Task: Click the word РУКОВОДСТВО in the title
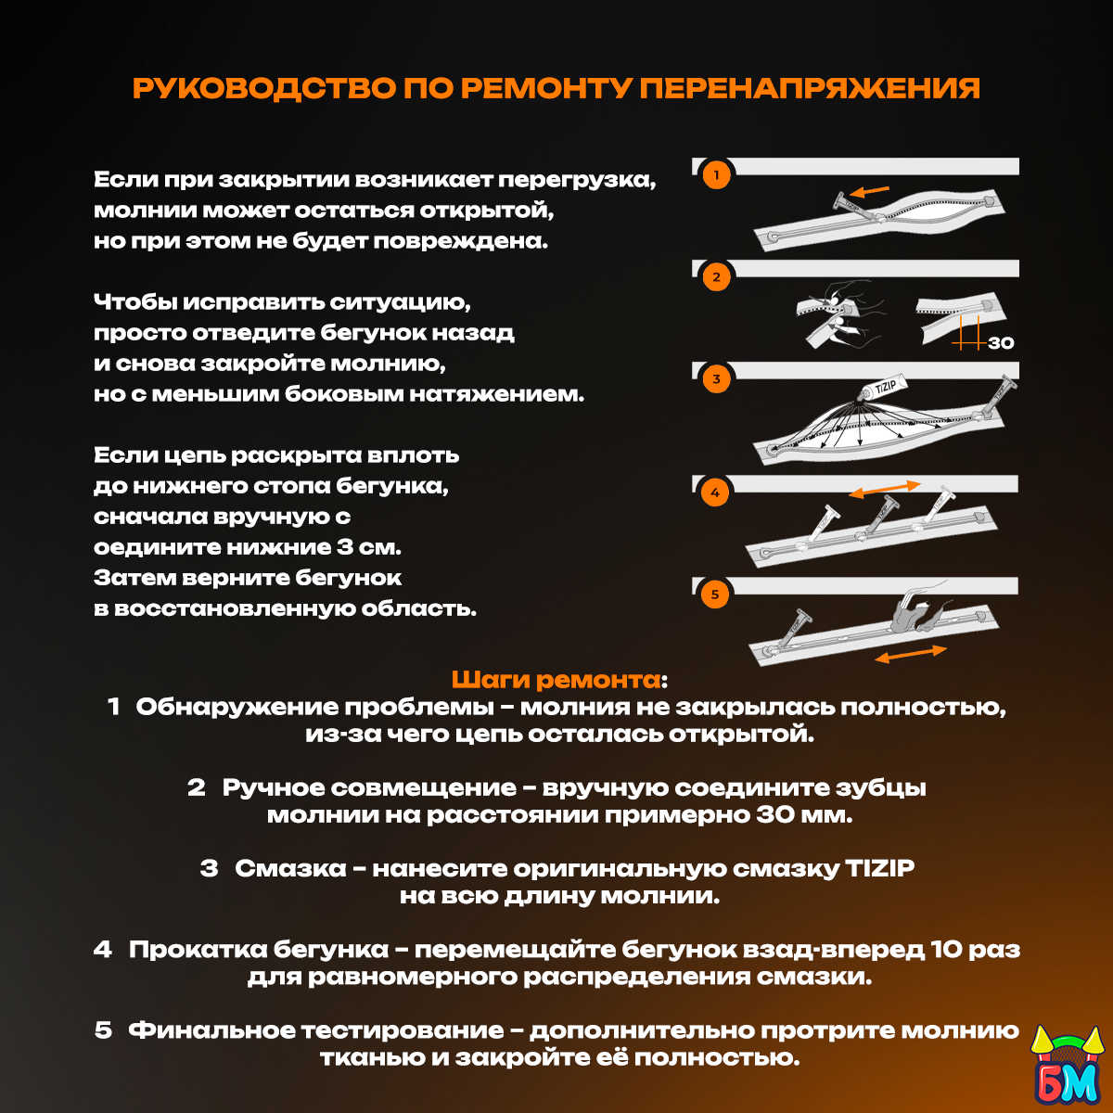click(x=264, y=88)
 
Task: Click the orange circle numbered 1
click(x=716, y=175)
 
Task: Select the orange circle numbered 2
click(x=716, y=277)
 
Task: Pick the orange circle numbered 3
click(x=716, y=379)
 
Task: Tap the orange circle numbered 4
click(x=715, y=493)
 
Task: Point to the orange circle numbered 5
click(x=715, y=595)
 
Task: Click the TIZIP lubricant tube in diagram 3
click(x=883, y=388)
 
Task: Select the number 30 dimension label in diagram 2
click(x=1001, y=343)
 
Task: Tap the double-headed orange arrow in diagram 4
click(x=884, y=489)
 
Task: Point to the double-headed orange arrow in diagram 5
click(x=911, y=654)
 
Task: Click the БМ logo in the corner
click(x=1067, y=1068)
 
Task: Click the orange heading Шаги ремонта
click(x=556, y=680)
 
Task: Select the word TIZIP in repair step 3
click(x=879, y=869)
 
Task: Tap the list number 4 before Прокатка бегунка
click(x=103, y=950)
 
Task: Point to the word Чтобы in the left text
click(x=134, y=302)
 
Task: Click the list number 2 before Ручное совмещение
click(x=197, y=788)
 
